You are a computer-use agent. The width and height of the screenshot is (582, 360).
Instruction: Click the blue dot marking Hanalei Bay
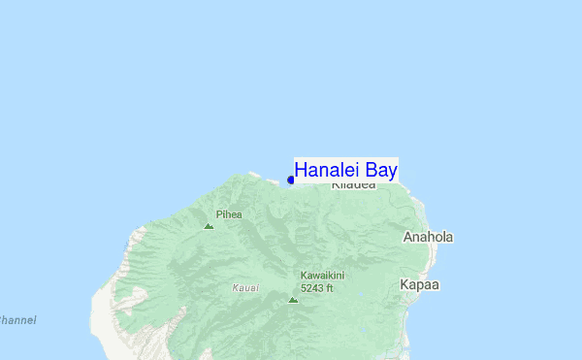pyautogui.click(x=291, y=180)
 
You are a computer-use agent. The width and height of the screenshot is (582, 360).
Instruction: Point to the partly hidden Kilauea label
pyautogui.click(x=353, y=184)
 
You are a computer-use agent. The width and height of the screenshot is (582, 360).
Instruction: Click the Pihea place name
pyautogui.click(x=229, y=214)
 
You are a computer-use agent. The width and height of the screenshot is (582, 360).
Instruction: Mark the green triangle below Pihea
pyautogui.click(x=209, y=226)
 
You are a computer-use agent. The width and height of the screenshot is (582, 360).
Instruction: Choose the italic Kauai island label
pyautogui.click(x=245, y=288)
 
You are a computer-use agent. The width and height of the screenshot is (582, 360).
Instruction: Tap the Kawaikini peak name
pyautogui.click(x=323, y=276)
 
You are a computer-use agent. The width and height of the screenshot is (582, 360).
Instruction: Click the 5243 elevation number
pyautogui.click(x=311, y=288)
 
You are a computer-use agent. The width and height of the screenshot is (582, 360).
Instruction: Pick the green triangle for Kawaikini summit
pyautogui.click(x=293, y=300)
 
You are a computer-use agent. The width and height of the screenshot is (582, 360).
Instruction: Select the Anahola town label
pyautogui.click(x=428, y=237)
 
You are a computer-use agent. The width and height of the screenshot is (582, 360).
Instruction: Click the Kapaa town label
pyautogui.click(x=419, y=285)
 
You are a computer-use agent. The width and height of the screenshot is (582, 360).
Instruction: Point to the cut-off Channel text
pyautogui.click(x=16, y=319)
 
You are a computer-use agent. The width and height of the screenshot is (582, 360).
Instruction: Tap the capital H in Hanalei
pyautogui.click(x=301, y=170)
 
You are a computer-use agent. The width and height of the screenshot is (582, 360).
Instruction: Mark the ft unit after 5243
pyautogui.click(x=329, y=288)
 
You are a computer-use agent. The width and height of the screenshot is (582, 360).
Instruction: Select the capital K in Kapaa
pyautogui.click(x=404, y=285)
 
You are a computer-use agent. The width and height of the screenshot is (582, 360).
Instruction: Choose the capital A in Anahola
pyautogui.click(x=407, y=237)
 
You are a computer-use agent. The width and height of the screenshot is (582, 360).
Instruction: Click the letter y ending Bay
pyautogui.click(x=391, y=173)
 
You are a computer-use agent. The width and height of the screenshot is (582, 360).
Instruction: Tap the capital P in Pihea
pyautogui.click(x=219, y=214)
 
